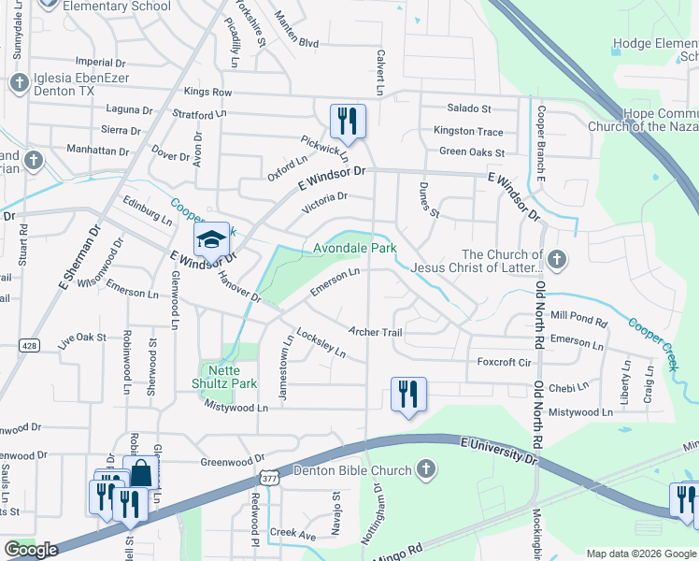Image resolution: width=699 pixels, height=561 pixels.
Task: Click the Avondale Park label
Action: pos(354,248)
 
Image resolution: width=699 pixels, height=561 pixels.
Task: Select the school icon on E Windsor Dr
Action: pos(211,243)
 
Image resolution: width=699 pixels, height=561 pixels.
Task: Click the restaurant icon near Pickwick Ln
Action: pos(347,121)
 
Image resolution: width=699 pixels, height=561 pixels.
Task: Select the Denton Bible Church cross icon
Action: pos(425,467)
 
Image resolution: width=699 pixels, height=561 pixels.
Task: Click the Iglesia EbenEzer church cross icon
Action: pos(19,83)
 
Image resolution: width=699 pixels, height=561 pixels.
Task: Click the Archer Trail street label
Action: pos(375,332)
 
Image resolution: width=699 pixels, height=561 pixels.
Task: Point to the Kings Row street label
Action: pos(207,92)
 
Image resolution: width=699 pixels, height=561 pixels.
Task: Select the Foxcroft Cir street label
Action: pos(504,362)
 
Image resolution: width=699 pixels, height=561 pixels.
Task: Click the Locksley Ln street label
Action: pos(321,343)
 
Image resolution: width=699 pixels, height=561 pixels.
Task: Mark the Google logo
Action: pos(32,550)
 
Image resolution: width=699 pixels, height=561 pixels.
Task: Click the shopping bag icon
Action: pos(139,472)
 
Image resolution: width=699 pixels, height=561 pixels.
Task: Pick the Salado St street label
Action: pos(468,109)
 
